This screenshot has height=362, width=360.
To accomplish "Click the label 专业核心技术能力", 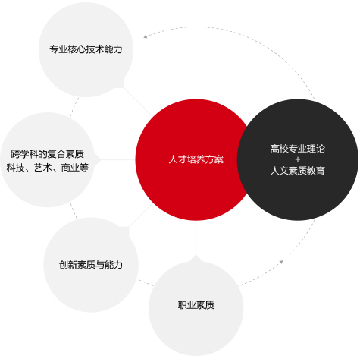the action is coord(86,49).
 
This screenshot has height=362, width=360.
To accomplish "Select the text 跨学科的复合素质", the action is coord(47,154).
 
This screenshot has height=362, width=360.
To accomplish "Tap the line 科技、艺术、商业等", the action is coord(47,168).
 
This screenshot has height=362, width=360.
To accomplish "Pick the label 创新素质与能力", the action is coord(91,265).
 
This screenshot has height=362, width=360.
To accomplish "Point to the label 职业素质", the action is coord(196,305).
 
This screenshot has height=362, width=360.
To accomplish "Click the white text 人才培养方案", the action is coord(196,159).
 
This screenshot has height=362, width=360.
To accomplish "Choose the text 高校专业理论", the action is coord(298,149).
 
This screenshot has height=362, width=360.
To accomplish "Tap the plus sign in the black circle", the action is coord(298,159).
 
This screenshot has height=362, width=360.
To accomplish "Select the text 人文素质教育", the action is coord(298,171).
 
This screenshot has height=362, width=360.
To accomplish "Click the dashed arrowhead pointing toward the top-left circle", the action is coord(146,36).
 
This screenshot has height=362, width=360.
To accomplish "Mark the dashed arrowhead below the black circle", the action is coord(281,262).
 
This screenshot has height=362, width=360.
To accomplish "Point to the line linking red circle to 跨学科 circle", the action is coord(117,159).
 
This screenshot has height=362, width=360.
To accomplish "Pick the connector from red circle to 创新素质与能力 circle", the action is coord(141,215).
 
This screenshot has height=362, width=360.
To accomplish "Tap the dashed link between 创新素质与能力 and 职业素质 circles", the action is coord(146,283).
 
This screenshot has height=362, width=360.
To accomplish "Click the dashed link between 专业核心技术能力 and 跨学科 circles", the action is coord(74,107).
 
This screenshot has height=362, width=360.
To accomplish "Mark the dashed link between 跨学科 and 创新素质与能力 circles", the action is coord(74,210).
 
